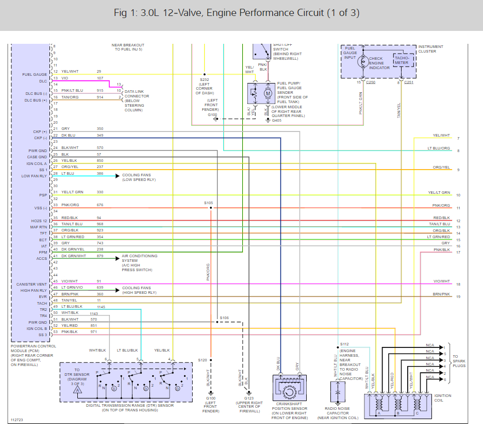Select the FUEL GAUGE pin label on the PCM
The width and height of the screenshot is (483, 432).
coord(35,74)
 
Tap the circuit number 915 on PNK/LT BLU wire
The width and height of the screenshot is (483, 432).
coord(99,91)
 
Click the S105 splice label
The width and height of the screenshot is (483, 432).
coord(208,203)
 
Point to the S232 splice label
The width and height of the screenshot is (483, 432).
coord(205,80)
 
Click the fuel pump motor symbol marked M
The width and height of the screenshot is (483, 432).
coord(268,94)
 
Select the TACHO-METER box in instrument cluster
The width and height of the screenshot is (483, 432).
coord(402,60)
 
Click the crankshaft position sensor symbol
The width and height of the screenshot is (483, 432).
coord(289,391)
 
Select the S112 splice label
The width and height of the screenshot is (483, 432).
coord(344,344)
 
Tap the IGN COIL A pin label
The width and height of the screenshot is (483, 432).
coord(37,163)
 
